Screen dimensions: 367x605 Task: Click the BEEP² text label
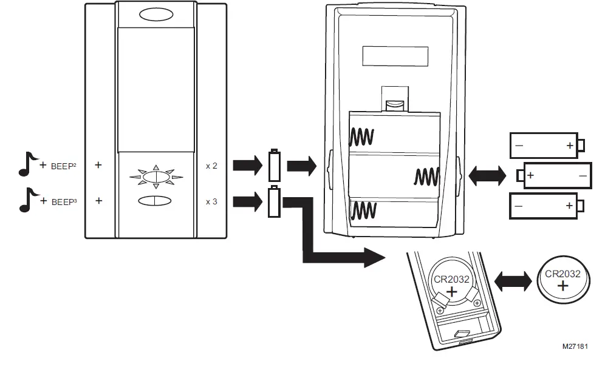62,165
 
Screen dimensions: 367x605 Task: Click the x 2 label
211,165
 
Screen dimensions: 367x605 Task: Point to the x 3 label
211,201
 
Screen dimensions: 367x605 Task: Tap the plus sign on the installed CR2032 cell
452,292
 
